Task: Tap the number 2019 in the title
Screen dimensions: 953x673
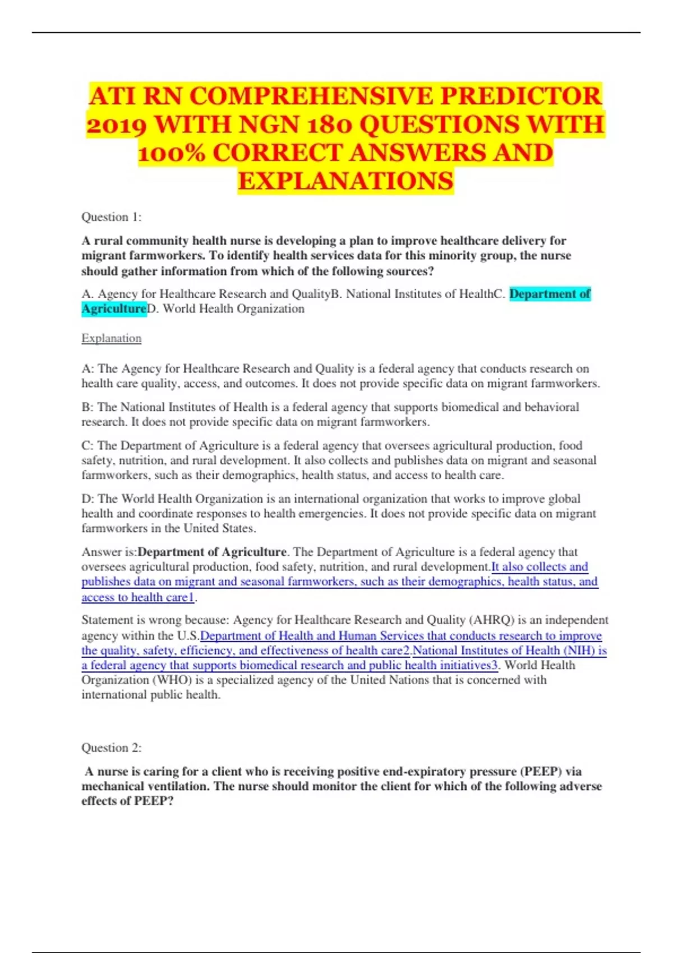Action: pos(117,124)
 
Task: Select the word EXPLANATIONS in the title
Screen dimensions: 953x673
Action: pos(345,181)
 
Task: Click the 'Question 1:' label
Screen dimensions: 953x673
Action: pos(112,217)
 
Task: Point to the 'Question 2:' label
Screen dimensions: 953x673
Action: pos(112,748)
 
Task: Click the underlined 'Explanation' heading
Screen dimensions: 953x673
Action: pos(112,339)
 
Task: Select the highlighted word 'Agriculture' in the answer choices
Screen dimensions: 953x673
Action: pos(114,309)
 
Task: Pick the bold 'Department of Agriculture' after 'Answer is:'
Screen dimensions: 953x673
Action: pos(212,552)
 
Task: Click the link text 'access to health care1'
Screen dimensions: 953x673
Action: pos(137,598)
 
